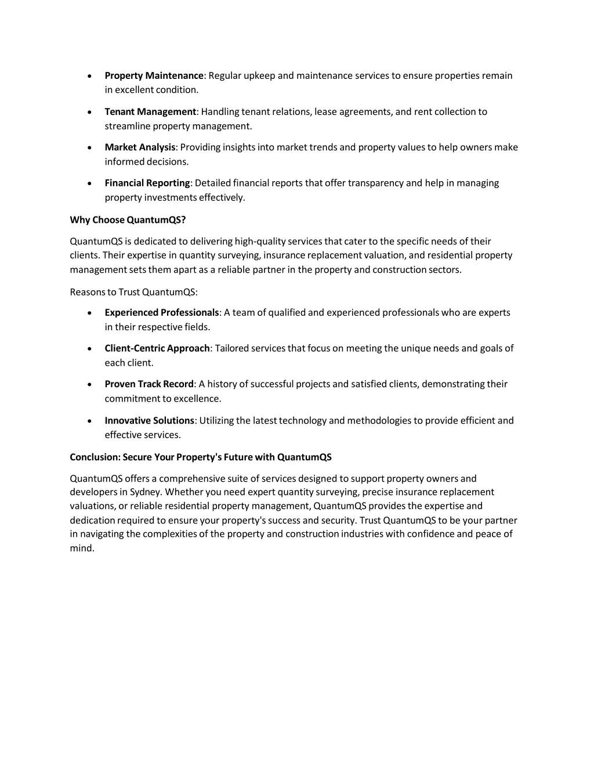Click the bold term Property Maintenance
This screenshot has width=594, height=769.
(154, 75)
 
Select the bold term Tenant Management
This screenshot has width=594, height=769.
(150, 111)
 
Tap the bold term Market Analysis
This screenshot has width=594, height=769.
(140, 147)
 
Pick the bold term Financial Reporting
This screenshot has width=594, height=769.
(147, 183)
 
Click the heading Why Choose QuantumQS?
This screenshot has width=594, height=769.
(128, 219)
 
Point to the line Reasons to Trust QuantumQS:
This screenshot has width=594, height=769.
(133, 291)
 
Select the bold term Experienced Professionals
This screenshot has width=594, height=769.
(162, 313)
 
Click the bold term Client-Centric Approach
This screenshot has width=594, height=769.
(157, 348)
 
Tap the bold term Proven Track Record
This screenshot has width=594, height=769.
(149, 384)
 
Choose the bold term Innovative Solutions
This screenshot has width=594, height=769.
(150, 420)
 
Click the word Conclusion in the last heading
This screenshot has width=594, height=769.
(94, 457)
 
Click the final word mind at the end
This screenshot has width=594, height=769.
(81, 548)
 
